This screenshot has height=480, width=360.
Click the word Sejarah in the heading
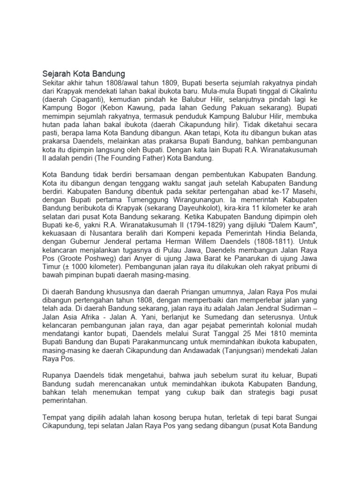(56, 74)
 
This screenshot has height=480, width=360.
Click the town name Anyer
(154, 267)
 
